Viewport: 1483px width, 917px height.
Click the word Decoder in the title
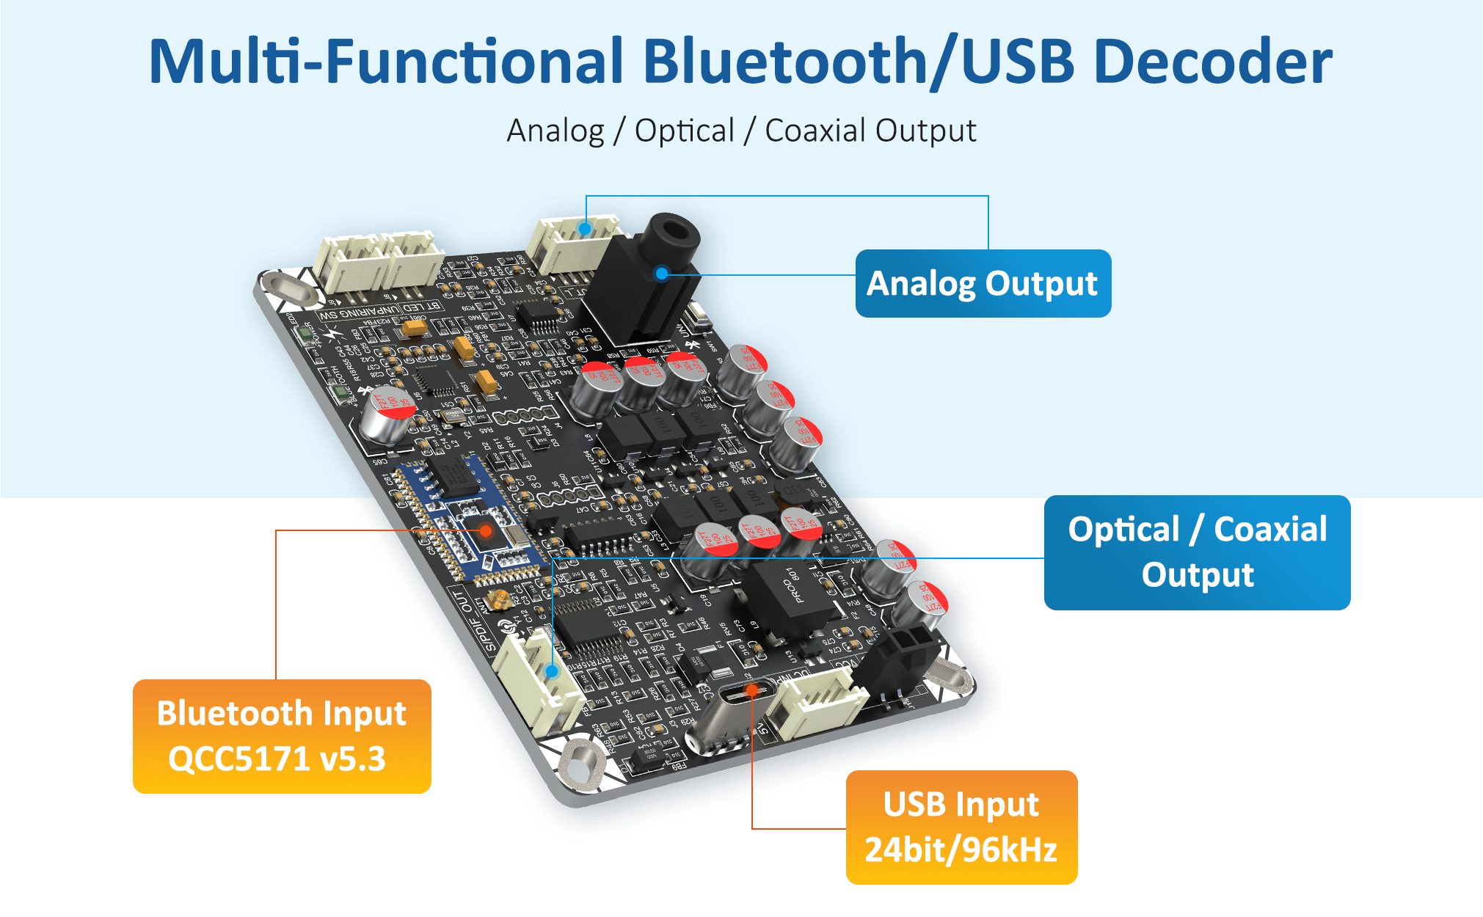[1212, 62]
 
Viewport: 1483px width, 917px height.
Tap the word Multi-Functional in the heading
[386, 62]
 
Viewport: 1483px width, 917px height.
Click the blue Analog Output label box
[983, 284]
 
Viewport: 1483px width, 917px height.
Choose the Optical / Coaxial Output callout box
[1197, 552]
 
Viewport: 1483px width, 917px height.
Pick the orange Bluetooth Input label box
[282, 736]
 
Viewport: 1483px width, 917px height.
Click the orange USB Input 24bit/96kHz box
[961, 827]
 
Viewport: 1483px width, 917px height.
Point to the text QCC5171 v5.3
[277, 759]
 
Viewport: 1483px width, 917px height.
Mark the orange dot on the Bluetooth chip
[486, 530]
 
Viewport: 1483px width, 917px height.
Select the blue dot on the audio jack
[662, 274]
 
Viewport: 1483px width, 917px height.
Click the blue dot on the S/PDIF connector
[552, 671]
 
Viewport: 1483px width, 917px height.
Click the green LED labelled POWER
[305, 335]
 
